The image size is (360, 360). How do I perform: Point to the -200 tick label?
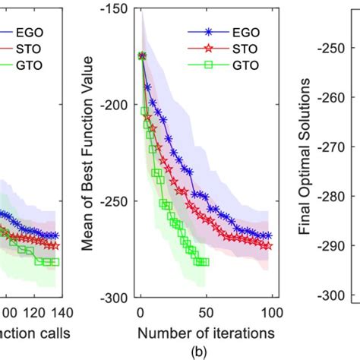click(x=118, y=105)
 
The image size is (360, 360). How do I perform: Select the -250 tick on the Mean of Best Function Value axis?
click(x=118, y=201)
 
